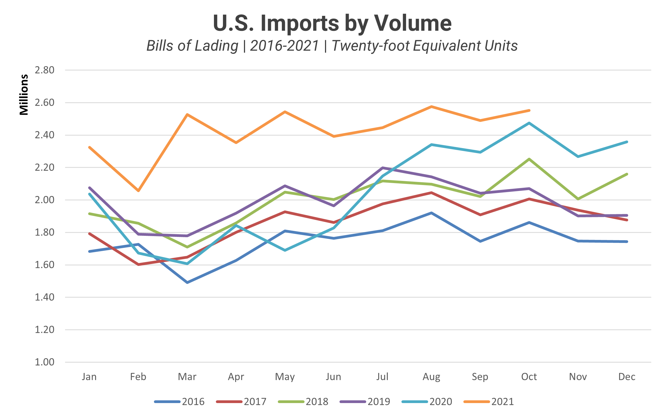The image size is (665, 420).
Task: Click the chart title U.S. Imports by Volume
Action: tap(332, 23)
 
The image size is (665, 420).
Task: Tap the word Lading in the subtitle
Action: tap(216, 46)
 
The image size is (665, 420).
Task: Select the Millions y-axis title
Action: tap(24, 95)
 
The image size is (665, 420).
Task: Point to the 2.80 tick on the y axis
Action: tap(44, 70)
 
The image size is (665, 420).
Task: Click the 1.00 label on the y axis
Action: tap(44, 362)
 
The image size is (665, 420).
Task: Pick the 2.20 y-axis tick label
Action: tap(44, 168)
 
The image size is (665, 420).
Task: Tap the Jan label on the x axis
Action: tap(89, 377)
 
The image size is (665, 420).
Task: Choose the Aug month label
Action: tap(431, 377)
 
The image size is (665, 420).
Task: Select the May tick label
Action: tap(285, 377)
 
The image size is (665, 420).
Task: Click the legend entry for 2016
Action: tap(180, 401)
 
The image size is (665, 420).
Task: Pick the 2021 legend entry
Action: tap(489, 401)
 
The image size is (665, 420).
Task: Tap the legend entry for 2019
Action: tap(365, 401)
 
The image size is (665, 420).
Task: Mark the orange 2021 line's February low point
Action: tap(138, 191)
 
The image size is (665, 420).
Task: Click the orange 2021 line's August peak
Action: tap(431, 107)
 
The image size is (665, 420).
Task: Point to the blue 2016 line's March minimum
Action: tap(187, 283)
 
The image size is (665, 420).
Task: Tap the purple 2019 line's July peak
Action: tap(383, 168)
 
